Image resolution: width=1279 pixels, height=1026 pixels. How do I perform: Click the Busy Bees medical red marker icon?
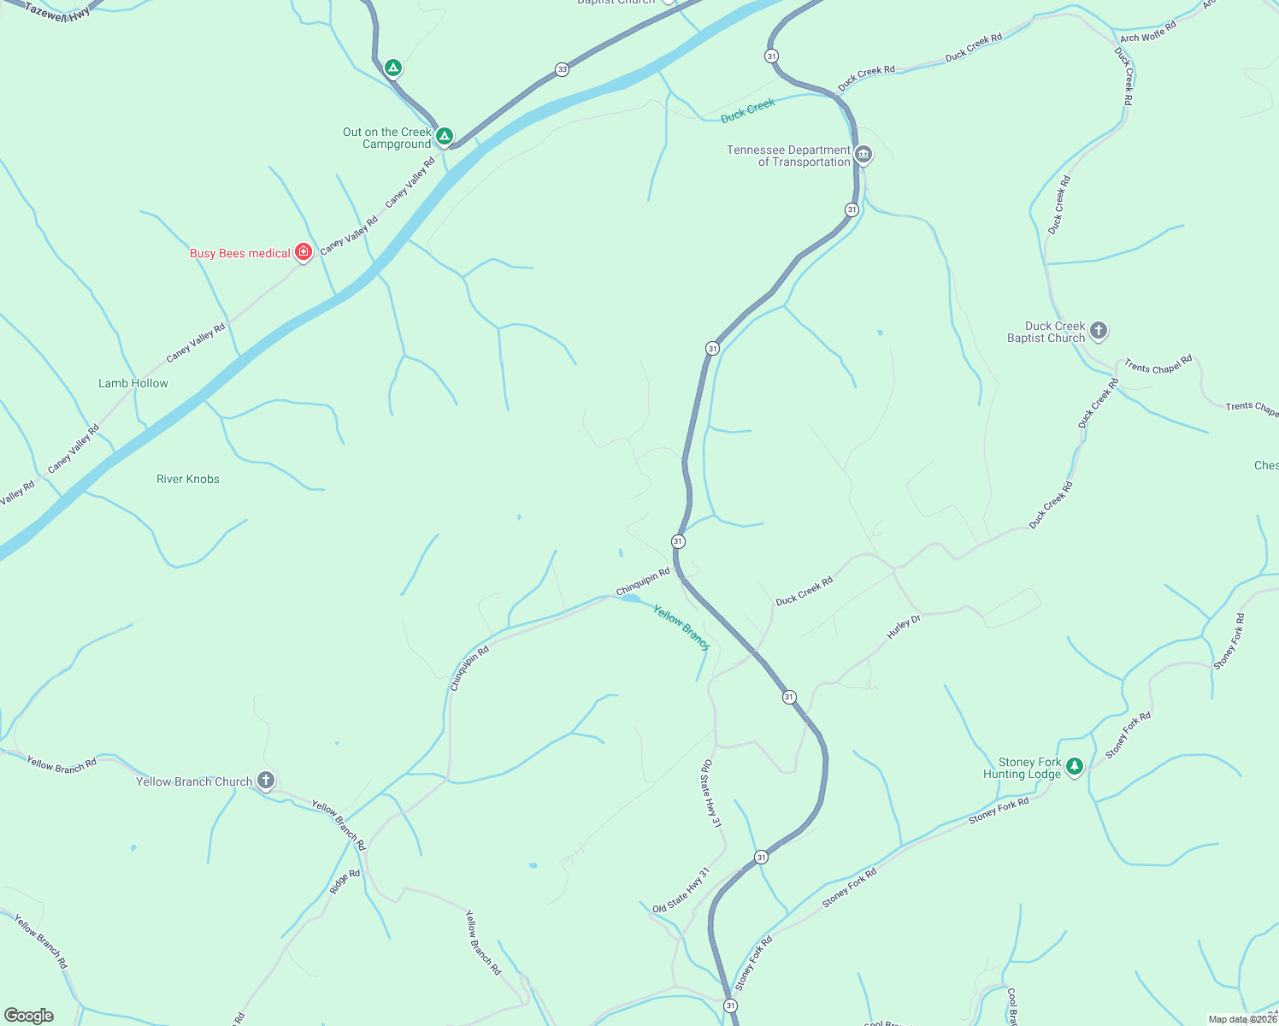pyautogui.click(x=303, y=251)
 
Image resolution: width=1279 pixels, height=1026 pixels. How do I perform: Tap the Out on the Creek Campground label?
pyautogui.click(x=387, y=139)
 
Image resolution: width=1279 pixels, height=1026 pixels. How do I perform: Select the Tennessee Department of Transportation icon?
pyautogui.click(x=863, y=155)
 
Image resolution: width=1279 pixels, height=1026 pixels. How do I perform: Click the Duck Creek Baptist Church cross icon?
pyautogui.click(x=1099, y=330)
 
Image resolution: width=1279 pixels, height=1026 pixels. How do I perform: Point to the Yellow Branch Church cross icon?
pyautogui.click(x=266, y=780)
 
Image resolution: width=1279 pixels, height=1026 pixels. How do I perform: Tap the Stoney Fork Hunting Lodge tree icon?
pyautogui.click(x=1075, y=766)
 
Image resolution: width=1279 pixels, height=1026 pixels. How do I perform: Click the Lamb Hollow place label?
pyautogui.click(x=133, y=384)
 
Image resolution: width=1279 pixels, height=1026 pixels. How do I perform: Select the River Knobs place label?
pyautogui.click(x=188, y=480)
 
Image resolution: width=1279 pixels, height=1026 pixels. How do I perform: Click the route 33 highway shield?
pyautogui.click(x=562, y=69)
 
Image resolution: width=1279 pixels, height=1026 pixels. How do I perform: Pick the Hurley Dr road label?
pyautogui.click(x=904, y=627)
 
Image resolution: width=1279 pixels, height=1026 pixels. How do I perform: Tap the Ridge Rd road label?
pyautogui.click(x=345, y=882)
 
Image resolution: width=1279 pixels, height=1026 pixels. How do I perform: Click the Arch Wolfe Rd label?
pyautogui.click(x=1148, y=32)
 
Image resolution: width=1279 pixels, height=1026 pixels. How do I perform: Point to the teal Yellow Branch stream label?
pyautogui.click(x=681, y=627)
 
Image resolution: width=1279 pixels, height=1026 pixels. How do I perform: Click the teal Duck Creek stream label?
pyautogui.click(x=748, y=110)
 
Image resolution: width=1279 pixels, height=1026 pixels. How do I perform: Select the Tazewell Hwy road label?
pyautogui.click(x=57, y=11)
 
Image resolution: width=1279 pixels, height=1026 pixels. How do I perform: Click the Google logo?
pyautogui.click(x=28, y=1016)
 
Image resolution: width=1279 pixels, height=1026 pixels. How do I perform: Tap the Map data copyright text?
pyautogui.click(x=1242, y=1019)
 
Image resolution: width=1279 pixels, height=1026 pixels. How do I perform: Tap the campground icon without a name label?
pyautogui.click(x=392, y=68)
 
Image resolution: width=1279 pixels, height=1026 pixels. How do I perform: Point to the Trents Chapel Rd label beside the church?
pyautogui.click(x=1158, y=366)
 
